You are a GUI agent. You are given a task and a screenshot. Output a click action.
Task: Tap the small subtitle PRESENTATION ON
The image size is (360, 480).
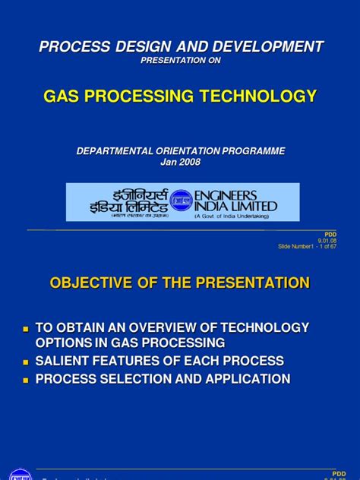click(x=180, y=62)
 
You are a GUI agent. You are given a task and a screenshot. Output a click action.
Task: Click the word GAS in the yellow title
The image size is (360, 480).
click(x=63, y=96)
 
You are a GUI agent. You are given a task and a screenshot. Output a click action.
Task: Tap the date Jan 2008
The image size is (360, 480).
click(x=180, y=163)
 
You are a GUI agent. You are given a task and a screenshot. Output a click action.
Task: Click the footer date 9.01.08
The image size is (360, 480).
click(x=328, y=240)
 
